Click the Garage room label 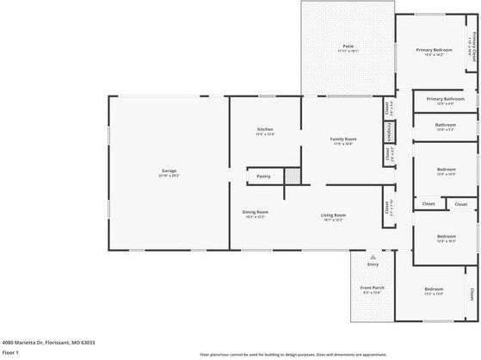[169, 171]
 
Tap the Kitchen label [264, 130]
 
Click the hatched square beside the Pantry [293, 175]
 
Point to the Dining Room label [255, 212]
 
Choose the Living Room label [334, 215]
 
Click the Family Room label [343, 140]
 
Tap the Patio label [348, 47]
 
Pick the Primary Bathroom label [445, 99]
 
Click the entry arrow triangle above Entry [373, 257]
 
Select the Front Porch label [372, 289]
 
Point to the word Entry [373, 264]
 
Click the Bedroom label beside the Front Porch [433, 289]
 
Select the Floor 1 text [10, 352]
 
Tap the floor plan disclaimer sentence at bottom [293, 354]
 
